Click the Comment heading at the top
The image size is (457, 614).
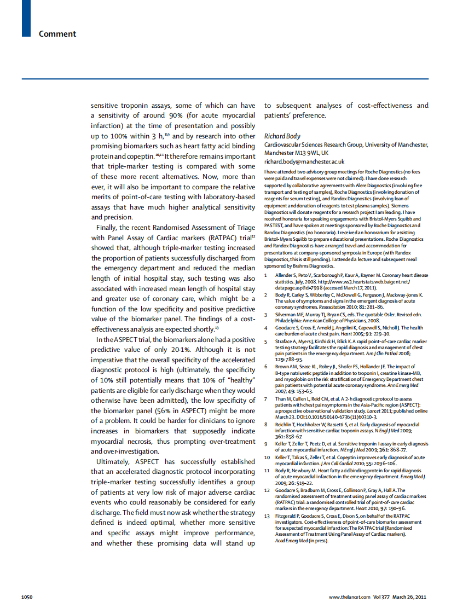[57, 34]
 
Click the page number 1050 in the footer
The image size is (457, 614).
[28, 597]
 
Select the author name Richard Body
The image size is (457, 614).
[282, 136]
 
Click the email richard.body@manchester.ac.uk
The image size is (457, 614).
[304, 161]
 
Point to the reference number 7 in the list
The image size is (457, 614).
[266, 399]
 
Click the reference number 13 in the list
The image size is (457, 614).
[267, 516]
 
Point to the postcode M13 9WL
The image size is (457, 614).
[308, 153]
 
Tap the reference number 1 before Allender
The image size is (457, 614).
[266, 275]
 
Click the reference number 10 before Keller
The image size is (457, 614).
[267, 457]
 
